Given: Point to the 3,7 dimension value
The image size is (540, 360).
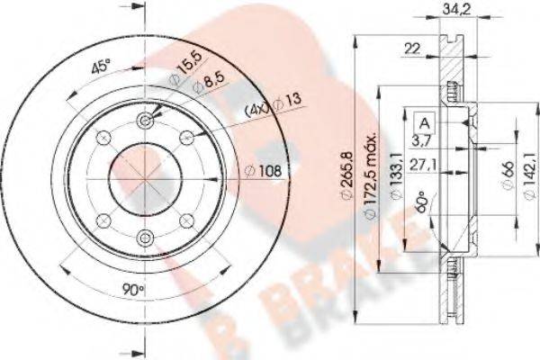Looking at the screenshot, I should point(421,142).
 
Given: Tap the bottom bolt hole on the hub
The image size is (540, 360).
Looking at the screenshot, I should point(145,237).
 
